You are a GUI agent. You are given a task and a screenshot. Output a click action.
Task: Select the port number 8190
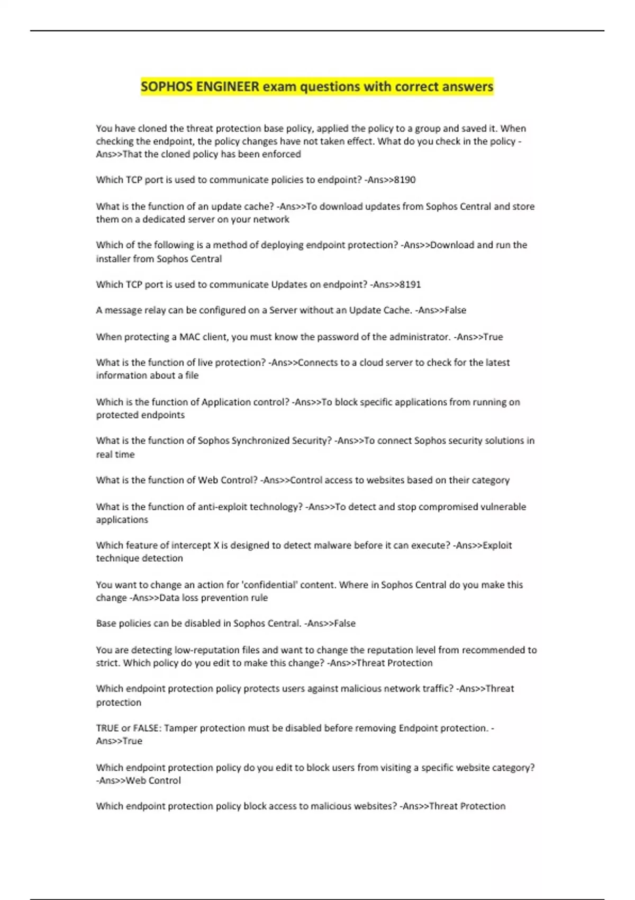(405, 180)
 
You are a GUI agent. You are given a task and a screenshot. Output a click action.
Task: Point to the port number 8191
(410, 285)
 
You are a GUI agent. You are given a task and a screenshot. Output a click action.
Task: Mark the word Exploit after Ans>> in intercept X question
(497, 545)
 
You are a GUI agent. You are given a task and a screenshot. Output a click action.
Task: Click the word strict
(107, 663)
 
